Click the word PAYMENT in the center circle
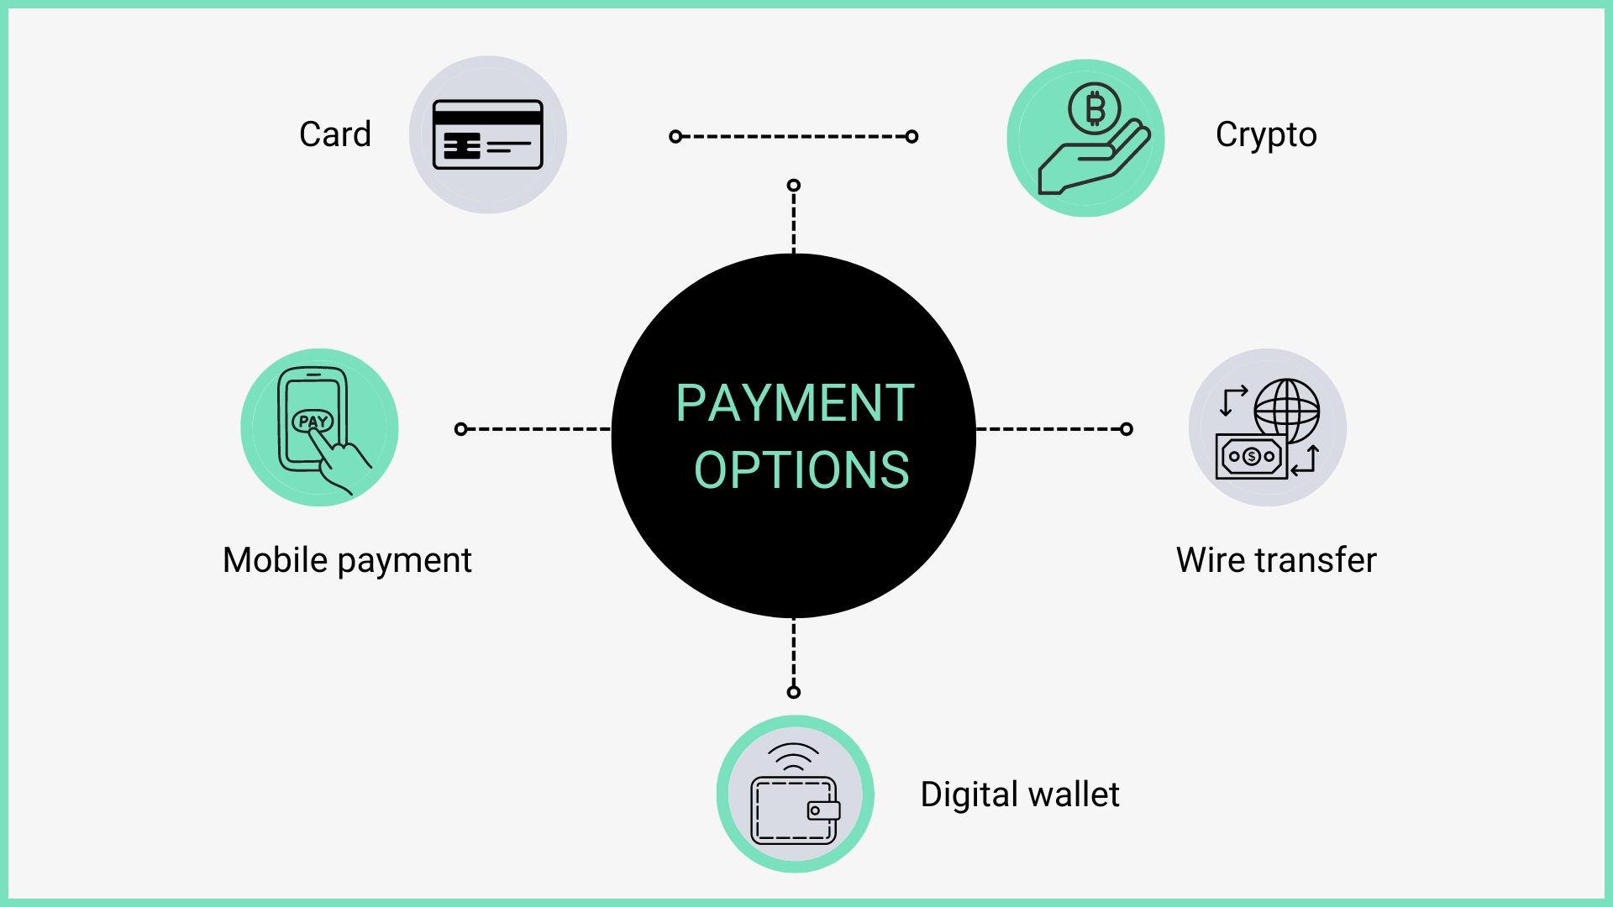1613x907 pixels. pos(795,403)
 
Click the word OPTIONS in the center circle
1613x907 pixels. pos(801,469)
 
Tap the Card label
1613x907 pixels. pos(335,134)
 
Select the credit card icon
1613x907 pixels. pos(487,134)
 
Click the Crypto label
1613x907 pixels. pos(1266,135)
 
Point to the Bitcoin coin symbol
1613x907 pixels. pos(1094,109)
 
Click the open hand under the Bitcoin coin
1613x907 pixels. pos(1093,160)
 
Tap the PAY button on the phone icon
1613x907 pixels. pos(313,421)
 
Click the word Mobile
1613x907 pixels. pos(275,560)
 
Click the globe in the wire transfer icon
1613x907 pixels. pos(1286,411)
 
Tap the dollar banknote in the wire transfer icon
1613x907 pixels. pos(1252,456)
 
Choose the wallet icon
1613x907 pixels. pos(795,810)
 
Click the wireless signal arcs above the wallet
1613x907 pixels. pos(794,756)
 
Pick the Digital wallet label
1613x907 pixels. pos(1020,794)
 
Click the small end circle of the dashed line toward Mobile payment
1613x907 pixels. pos(460,429)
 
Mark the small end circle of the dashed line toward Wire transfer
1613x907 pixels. pos(1127,429)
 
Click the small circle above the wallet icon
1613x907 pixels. pos(794,692)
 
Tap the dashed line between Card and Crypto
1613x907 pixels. pos(794,136)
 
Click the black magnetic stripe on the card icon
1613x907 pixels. pos(487,118)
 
